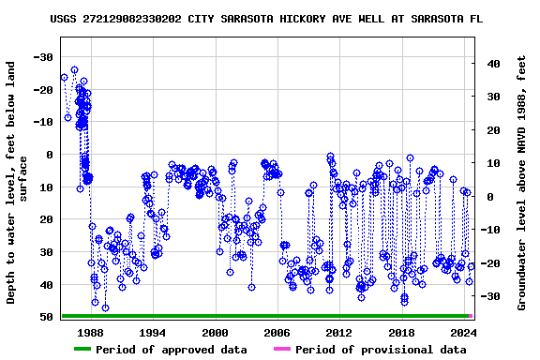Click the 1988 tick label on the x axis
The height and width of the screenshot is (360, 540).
click(x=91, y=332)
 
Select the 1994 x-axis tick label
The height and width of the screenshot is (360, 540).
click(x=153, y=332)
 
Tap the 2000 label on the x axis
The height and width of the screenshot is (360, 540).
click(x=215, y=332)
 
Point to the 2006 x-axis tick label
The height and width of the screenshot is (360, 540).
click(x=277, y=332)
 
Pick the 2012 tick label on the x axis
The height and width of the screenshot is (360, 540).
click(x=338, y=332)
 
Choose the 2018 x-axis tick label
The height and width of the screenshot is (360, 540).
click(x=401, y=332)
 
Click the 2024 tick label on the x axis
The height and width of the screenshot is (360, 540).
click(x=463, y=332)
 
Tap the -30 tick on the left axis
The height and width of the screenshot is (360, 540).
click(x=43, y=57)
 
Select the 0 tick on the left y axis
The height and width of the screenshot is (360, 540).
click(x=51, y=155)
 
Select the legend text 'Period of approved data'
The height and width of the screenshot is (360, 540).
click(x=172, y=350)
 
